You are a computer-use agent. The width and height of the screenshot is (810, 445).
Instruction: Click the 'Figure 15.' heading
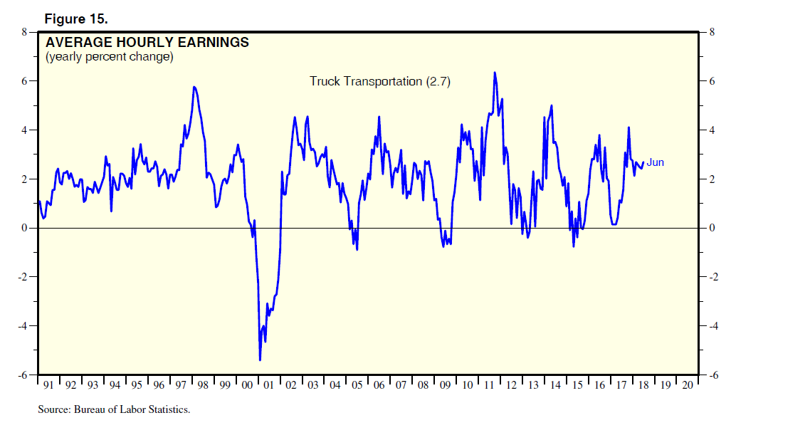(76, 19)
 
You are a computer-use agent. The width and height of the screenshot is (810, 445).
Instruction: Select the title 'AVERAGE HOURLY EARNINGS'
(147, 43)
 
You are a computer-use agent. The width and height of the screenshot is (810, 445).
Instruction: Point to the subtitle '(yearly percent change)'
(110, 57)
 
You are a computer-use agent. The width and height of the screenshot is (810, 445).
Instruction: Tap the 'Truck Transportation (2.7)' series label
(380, 81)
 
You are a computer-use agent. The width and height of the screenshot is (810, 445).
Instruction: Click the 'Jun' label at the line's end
(655, 163)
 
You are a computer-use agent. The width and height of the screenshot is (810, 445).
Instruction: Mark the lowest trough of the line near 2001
(260, 360)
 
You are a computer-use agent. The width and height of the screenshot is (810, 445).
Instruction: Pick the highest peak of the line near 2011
(494, 72)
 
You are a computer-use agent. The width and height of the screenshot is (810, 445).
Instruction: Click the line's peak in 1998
(194, 87)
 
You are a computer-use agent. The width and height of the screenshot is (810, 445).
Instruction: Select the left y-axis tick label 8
(24, 32)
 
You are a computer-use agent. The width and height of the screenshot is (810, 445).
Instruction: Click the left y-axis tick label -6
(23, 375)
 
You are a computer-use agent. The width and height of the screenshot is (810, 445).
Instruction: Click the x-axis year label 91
(48, 385)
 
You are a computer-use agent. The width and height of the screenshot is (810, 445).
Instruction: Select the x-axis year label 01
(269, 385)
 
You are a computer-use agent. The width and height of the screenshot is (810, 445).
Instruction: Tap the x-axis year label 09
(446, 385)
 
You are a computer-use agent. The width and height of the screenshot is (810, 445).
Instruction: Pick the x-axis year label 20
(688, 385)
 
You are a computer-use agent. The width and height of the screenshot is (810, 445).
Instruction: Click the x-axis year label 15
(577, 385)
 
